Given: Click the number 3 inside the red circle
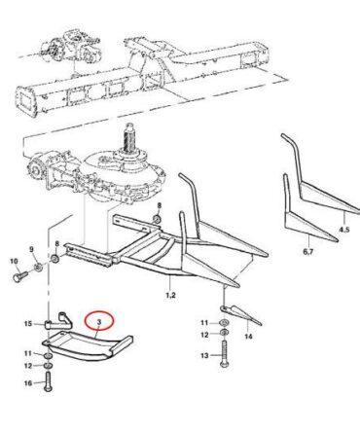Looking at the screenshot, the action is point(99,322).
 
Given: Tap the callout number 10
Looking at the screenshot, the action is point(15,261).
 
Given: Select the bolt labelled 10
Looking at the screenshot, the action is point(20,276).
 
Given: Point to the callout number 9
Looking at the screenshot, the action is point(31,249).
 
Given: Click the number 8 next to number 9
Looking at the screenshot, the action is point(57,244).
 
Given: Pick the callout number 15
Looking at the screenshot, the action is point(28,324).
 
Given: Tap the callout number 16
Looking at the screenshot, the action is point(28,383).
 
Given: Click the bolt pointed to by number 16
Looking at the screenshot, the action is point(48,381).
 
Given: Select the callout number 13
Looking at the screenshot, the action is point(204,356).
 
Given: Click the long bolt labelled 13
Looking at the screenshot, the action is point(224,354).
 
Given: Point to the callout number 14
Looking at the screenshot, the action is point(248,337).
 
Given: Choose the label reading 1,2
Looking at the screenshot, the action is point(170,295).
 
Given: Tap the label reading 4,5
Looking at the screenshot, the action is point(344,230).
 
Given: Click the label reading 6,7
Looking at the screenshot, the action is point(308,251).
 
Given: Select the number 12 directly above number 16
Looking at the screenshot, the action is point(28,366).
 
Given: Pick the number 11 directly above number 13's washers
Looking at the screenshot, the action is point(204,323).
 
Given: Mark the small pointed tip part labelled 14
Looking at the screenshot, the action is point(240,313).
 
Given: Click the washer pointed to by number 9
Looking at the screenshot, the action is point(38,268).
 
